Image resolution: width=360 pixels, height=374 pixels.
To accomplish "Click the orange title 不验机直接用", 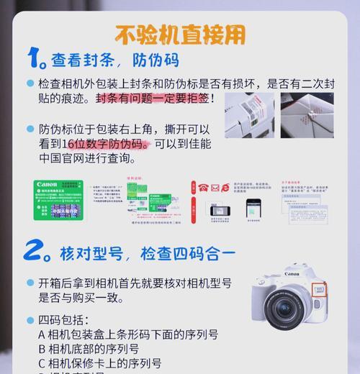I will coord(180,34).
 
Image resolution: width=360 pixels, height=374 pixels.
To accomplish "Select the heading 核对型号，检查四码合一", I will coord(148,253).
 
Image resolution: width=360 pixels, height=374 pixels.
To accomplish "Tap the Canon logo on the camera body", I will coord(292,274).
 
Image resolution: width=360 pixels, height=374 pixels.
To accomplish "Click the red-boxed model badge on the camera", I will coord(319,291).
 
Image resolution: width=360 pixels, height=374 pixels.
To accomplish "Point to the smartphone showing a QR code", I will coord(253,208).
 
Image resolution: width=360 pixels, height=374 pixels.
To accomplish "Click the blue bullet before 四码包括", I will coord(30,320).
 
